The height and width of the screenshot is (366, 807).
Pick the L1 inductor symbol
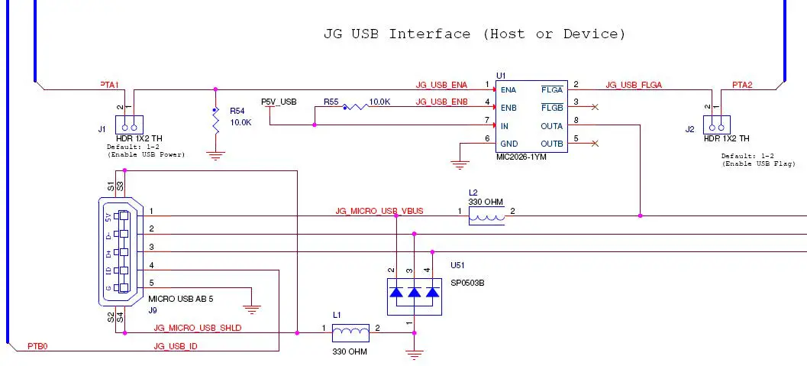(352, 332)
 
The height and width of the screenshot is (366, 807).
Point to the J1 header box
(129, 125)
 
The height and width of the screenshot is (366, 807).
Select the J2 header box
(717, 125)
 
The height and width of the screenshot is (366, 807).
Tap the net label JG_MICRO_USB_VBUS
(379, 210)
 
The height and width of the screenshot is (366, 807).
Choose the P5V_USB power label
(279, 102)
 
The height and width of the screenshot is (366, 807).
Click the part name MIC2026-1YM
(521, 156)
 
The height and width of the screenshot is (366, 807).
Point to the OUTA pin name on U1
(551, 125)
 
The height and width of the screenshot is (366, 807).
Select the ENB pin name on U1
(508, 108)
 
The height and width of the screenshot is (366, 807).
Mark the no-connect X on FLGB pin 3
(595, 107)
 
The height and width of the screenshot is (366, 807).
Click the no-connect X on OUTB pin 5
(595, 144)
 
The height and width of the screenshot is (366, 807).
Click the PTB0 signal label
(38, 346)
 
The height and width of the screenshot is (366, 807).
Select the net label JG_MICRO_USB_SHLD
(198, 328)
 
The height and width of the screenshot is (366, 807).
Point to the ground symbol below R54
(216, 156)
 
